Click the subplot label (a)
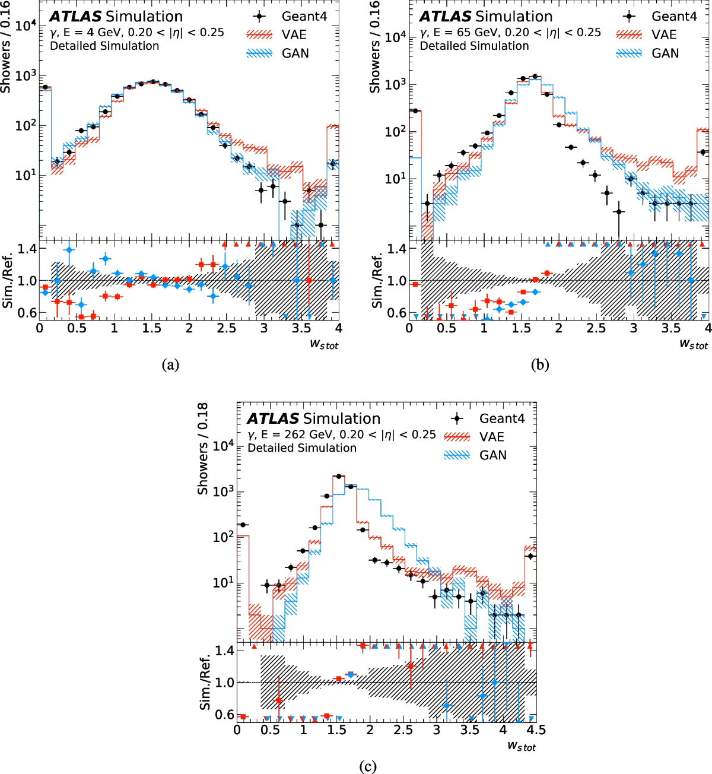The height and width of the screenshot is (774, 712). pyautogui.click(x=170, y=364)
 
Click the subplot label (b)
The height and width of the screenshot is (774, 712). pyautogui.click(x=540, y=364)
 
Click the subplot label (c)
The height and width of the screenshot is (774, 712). pyautogui.click(x=368, y=766)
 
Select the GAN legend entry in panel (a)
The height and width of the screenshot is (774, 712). pyautogui.click(x=295, y=53)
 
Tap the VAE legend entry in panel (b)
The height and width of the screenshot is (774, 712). pyautogui.click(x=664, y=35)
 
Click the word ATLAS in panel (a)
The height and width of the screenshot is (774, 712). pyautogui.click(x=75, y=17)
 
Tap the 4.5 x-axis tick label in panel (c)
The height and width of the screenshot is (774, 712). pyautogui.click(x=536, y=730)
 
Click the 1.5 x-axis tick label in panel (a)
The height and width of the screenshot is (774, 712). pyautogui.click(x=151, y=328)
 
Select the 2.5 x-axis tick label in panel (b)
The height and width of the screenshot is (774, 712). pyautogui.click(x=596, y=328)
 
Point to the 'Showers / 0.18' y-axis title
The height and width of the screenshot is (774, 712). pyautogui.click(x=203, y=449)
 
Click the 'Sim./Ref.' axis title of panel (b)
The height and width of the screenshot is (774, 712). pyautogui.click(x=376, y=281)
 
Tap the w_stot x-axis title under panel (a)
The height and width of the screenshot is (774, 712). pyautogui.click(x=324, y=344)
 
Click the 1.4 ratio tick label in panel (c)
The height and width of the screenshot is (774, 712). pyautogui.click(x=225, y=651)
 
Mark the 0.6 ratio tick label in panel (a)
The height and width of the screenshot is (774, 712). pyautogui.click(x=27, y=313)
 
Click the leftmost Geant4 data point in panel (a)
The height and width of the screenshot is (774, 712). pyautogui.click(x=44, y=87)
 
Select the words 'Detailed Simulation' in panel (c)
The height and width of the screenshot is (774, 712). pyautogui.click(x=302, y=448)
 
